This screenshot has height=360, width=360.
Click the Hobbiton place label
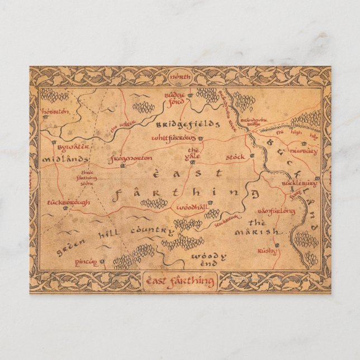pyautogui.click(x=55, y=111)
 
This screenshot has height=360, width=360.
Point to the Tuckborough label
pyautogui.click(x=68, y=202)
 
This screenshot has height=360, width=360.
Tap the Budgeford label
pyautogui.click(x=174, y=98)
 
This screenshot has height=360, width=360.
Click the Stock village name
pyautogui.click(x=235, y=158)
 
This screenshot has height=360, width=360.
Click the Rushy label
pyautogui.click(x=267, y=251)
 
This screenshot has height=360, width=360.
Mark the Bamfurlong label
pyautogui.click(x=276, y=211)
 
